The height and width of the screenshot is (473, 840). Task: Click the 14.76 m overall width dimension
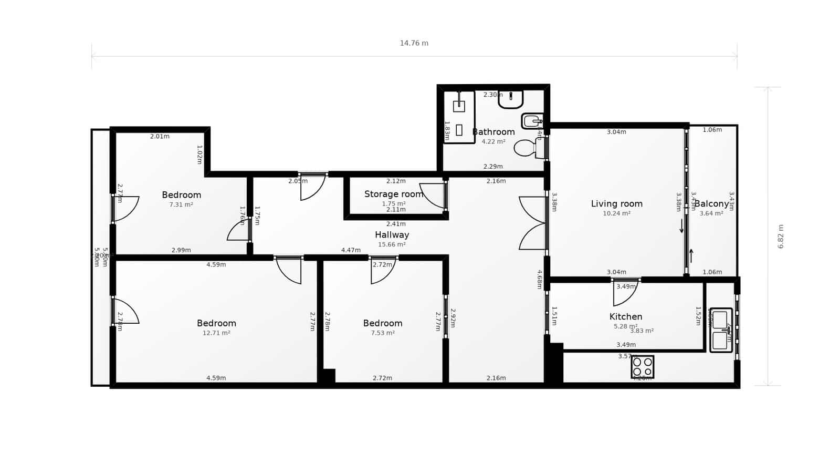(414, 43)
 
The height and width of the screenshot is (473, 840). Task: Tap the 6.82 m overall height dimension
(781, 236)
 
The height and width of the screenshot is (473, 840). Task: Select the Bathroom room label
(493, 132)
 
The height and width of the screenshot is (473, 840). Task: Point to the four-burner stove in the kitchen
(643, 367)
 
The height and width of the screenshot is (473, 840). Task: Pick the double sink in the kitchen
(721, 330)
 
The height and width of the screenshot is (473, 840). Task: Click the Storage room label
(393, 194)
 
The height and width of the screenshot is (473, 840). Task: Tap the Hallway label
(392, 235)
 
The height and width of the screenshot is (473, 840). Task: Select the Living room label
(616, 204)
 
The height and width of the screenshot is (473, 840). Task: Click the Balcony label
(711, 204)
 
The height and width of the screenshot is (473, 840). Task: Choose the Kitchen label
(626, 316)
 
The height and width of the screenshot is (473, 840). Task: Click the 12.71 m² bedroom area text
(216, 333)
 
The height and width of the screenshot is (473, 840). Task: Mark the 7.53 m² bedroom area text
(383, 333)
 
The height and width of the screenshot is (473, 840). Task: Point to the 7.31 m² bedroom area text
(181, 204)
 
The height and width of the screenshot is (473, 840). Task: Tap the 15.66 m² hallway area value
(392, 244)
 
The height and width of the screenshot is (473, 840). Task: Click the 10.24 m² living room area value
(616, 213)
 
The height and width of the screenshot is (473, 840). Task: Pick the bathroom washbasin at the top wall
(510, 99)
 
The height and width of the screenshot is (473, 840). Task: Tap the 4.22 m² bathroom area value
(493, 141)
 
